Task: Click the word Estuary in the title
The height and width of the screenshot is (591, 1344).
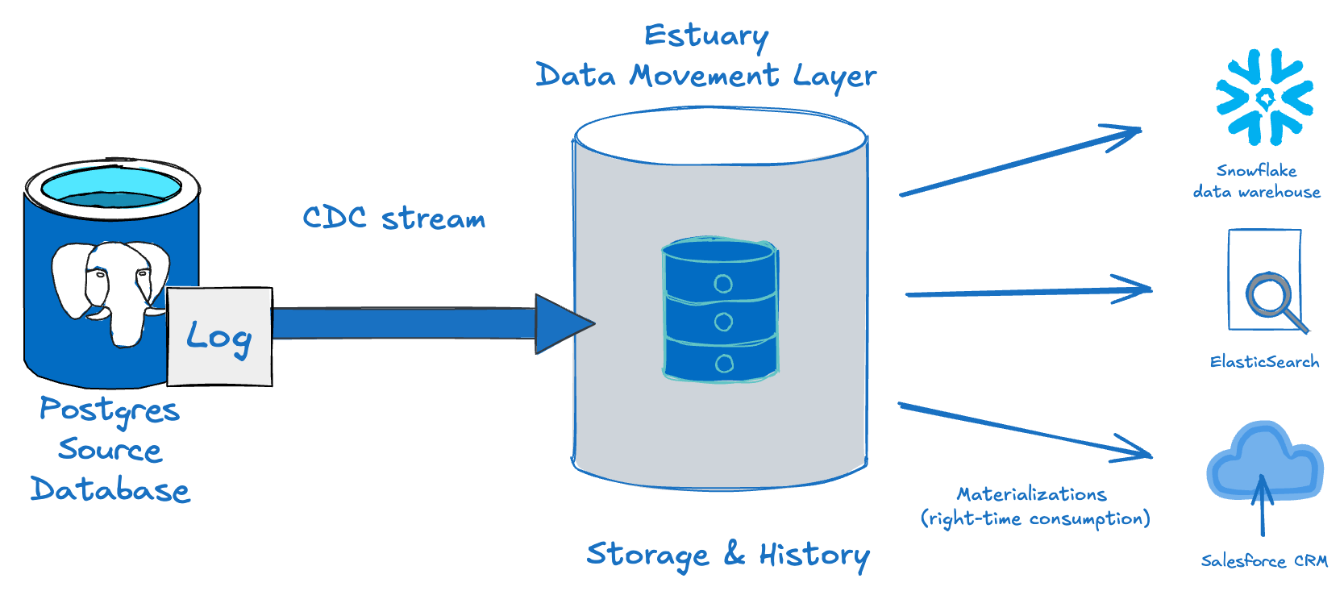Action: click(x=705, y=36)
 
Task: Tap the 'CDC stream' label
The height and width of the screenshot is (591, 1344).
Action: click(x=393, y=218)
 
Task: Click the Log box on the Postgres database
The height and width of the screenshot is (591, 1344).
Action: click(x=219, y=336)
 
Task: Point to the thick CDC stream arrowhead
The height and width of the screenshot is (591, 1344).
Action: click(x=564, y=324)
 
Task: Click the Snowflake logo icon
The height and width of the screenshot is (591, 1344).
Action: click(x=1264, y=98)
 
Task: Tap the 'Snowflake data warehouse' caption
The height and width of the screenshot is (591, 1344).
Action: click(x=1256, y=181)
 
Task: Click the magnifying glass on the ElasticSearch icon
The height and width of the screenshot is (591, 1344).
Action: click(x=1271, y=297)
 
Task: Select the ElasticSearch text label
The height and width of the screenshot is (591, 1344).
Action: click(x=1264, y=362)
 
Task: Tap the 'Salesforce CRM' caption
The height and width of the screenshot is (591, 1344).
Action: click(x=1263, y=561)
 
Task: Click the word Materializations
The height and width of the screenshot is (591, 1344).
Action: click(x=1031, y=494)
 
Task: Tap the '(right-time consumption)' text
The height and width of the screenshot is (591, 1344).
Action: click(x=1035, y=518)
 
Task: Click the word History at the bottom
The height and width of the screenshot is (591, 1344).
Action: click(x=813, y=555)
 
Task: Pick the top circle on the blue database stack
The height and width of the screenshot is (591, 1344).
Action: click(x=723, y=284)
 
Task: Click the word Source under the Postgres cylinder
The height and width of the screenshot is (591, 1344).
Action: click(x=110, y=450)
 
